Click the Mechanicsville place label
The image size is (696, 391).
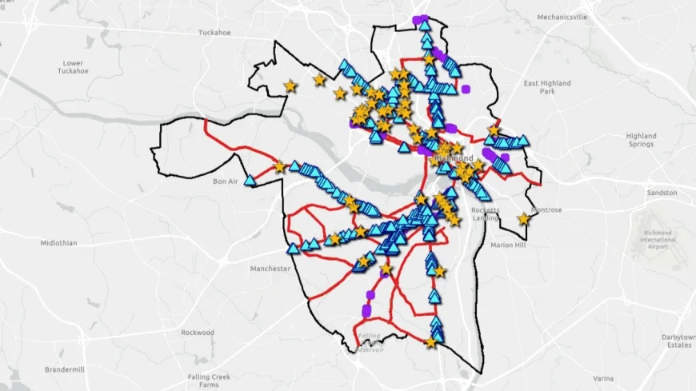click(562, 17)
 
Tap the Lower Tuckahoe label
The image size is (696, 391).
click(73, 66)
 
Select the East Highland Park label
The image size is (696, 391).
click(547, 87)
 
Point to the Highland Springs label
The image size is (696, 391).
click(641, 140)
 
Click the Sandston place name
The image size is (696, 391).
click(662, 193)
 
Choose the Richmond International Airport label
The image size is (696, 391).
click(658, 239)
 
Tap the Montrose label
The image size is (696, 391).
click(546, 210)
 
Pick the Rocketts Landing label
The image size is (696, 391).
click(485, 213)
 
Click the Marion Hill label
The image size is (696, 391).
click(507, 245)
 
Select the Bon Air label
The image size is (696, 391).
click(226, 182)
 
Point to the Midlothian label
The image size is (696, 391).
click(58, 242)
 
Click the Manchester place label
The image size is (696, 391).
click(270, 269)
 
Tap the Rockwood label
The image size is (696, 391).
click(198, 332)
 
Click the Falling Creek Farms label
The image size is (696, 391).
click(209, 381)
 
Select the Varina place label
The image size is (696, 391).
click(603, 377)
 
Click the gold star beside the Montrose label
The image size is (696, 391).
click(523, 218)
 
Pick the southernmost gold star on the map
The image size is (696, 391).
click(430, 342)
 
